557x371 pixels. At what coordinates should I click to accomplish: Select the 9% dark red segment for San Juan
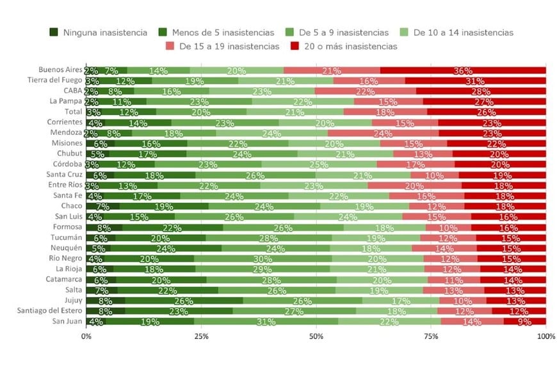[525, 321]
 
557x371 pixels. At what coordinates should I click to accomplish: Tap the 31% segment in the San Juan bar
[266, 321]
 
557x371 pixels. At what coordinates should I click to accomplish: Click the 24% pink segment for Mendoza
[383, 133]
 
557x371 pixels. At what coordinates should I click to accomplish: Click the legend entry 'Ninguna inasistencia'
[99, 32]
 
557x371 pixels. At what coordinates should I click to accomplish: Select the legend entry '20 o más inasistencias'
[348, 46]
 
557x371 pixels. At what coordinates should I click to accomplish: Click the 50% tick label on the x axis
[316, 336]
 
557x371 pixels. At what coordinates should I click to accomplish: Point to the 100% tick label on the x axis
[545, 336]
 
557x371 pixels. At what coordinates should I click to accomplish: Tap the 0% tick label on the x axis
[86, 336]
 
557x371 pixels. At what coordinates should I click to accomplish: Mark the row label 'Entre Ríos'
[64, 185]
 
